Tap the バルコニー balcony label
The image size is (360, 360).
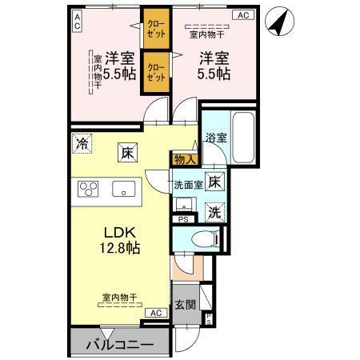[120, 346]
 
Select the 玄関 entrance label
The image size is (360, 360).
[185, 304]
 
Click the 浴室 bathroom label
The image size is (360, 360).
[215, 137]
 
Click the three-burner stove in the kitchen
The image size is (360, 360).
[87, 190]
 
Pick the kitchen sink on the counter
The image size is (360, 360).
[124, 190]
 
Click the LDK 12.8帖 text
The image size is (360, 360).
[119, 240]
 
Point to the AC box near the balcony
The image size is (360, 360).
[156, 313]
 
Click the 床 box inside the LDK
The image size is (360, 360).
[126, 151]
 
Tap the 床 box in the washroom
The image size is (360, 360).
[214, 182]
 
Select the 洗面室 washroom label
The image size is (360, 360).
[188, 185]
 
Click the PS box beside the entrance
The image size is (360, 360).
[209, 319]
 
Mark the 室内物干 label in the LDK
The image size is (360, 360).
[118, 297]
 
